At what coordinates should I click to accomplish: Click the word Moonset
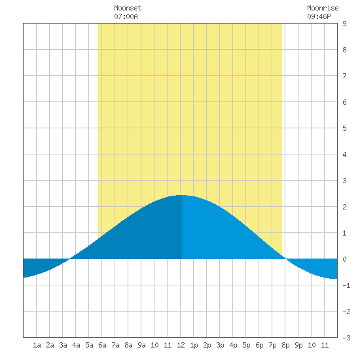click(x=128, y=8)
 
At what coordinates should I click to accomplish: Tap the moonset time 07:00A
click(x=126, y=16)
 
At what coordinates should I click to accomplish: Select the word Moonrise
click(x=323, y=8)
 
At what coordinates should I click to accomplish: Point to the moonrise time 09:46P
click(x=319, y=16)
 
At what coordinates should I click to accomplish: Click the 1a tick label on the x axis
click(x=37, y=345)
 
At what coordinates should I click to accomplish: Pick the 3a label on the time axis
click(x=63, y=345)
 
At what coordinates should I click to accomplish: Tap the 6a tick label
click(x=102, y=345)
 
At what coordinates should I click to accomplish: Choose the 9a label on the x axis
click(x=141, y=345)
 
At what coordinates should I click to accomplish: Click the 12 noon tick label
click(x=181, y=345)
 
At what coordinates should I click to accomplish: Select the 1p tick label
click(x=194, y=345)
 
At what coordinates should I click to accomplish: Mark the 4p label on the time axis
click(x=233, y=345)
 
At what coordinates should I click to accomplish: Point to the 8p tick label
click(x=285, y=345)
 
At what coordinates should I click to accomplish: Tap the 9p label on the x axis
click(x=298, y=345)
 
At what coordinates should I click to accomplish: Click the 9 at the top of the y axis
click(x=344, y=24)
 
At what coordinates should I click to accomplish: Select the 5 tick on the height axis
click(x=344, y=128)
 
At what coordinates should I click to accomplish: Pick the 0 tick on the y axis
click(x=344, y=259)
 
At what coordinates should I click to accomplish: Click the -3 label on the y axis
click(x=346, y=338)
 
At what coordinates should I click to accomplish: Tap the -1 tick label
click(x=346, y=285)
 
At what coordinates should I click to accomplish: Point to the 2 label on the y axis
click(x=344, y=207)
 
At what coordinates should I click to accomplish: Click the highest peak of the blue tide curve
click(x=182, y=195)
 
